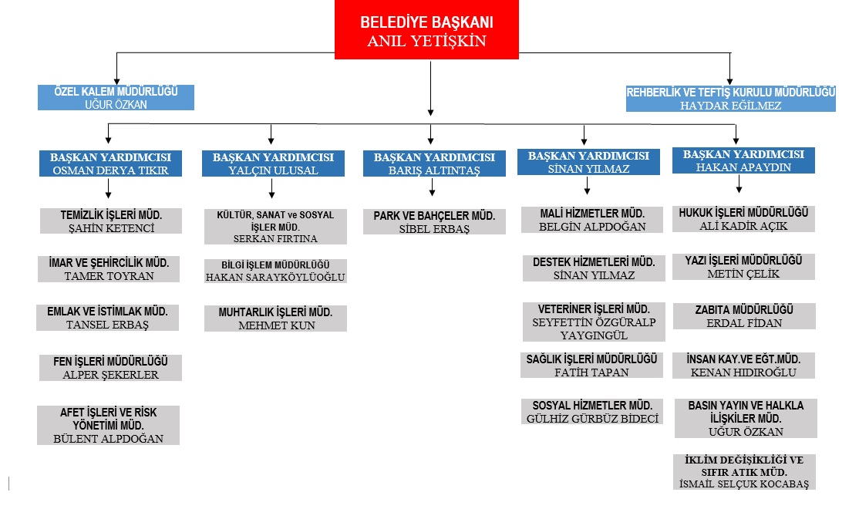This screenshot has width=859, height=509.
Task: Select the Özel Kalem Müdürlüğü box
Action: pyautogui.click(x=116, y=98)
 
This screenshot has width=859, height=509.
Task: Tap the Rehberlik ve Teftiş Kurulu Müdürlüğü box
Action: pyautogui.click(x=730, y=99)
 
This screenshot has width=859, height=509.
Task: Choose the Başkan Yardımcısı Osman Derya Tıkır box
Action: pyautogui.click(x=110, y=163)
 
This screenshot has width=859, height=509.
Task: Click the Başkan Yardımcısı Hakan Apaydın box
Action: pyautogui.click(x=743, y=160)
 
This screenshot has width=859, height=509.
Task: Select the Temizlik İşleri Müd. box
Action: pyautogui.click(x=111, y=221)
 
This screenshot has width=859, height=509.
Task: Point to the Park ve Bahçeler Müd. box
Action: pyautogui.click(x=434, y=222)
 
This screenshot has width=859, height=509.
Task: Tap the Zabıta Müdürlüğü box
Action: pyautogui.click(x=744, y=316)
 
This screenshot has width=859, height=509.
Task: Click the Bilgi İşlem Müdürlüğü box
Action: pyautogui.click(x=275, y=271)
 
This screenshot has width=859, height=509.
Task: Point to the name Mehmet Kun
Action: pyautogui.click(x=276, y=325)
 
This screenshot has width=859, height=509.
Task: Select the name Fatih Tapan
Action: pyautogui.click(x=591, y=372)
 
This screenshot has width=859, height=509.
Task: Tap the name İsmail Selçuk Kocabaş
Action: pyautogui.click(x=744, y=484)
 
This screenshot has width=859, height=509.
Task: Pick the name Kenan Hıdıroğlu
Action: pyautogui.click(x=743, y=372)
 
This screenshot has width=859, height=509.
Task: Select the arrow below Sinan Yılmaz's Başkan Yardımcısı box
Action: pyautogui.click(x=588, y=185)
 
